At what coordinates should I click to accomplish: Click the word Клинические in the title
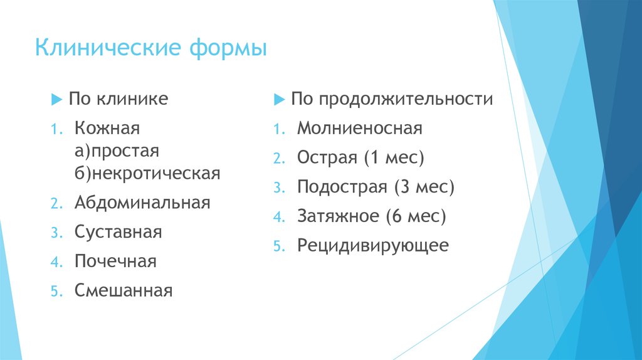click(103, 48)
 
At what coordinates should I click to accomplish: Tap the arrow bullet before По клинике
click(56, 99)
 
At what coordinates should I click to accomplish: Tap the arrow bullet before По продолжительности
click(278, 99)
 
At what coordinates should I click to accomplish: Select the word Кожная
click(107, 129)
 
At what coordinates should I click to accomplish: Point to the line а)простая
click(117, 151)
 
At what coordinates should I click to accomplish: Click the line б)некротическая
click(147, 173)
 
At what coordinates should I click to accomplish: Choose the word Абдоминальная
click(142, 203)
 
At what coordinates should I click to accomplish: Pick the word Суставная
click(118, 232)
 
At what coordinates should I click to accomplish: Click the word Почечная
click(115, 262)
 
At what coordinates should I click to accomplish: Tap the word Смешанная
click(123, 291)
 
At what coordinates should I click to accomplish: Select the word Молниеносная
click(360, 129)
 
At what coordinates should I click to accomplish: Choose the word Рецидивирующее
click(373, 246)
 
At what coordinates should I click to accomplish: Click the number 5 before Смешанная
click(55, 292)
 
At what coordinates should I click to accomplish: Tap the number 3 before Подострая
click(277, 188)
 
